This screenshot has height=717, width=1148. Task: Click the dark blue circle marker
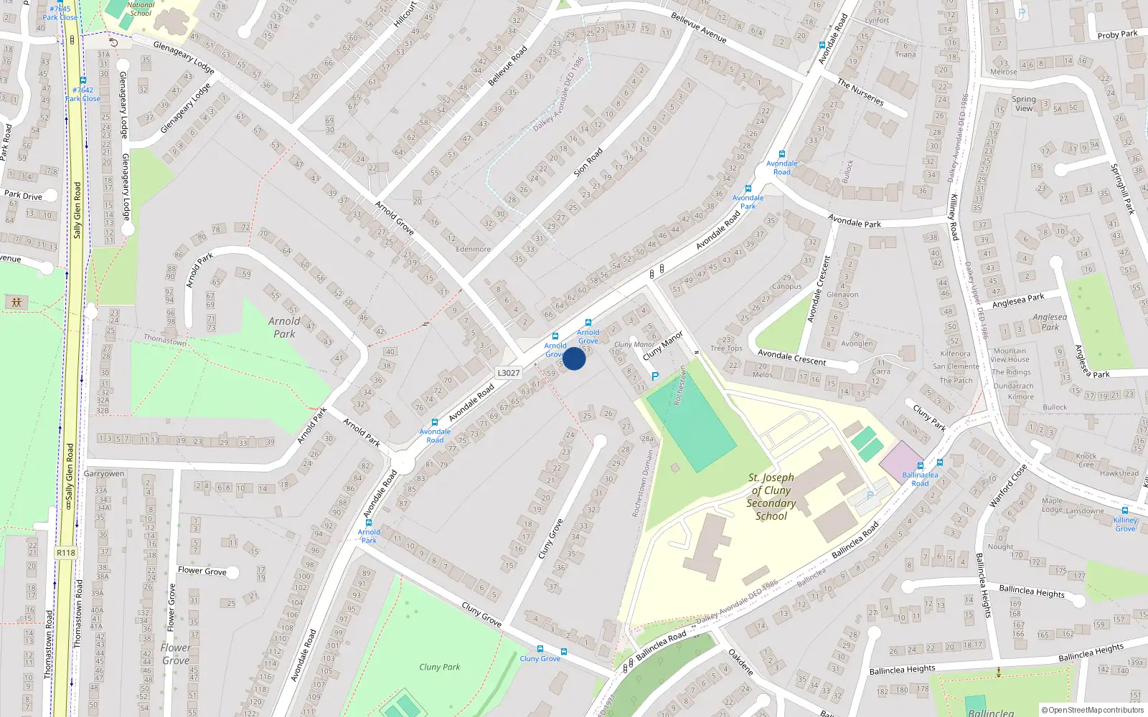coord(574,358)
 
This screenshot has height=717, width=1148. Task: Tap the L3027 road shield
coord(509,373)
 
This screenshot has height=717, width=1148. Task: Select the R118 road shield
coord(65,553)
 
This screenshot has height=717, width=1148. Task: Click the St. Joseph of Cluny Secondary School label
coord(771,496)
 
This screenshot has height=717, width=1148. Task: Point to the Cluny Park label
coord(440,667)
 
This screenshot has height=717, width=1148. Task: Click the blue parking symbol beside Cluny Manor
coord(654,376)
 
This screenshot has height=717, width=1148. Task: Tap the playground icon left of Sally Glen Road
coord(17,302)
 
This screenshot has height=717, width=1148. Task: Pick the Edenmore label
coord(474,250)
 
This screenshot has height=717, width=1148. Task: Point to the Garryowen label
coord(104,473)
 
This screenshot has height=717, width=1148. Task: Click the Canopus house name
coord(787,286)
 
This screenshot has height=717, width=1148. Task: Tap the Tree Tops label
coord(726,348)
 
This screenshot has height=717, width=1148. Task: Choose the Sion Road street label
coord(588,163)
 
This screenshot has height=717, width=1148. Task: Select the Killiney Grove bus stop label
coord(1125,524)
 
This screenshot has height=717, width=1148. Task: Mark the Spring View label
coord(1024,104)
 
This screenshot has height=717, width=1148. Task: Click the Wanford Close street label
coord(1008,486)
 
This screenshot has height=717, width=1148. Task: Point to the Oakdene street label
coord(740,662)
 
